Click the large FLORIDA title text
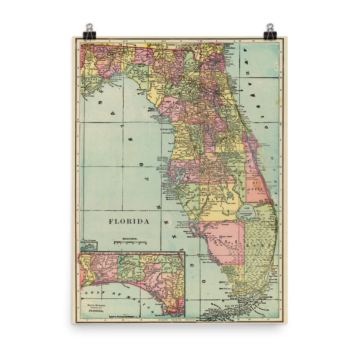129,222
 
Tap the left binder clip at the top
89,31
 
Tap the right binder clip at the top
271,31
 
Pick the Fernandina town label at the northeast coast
227,46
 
